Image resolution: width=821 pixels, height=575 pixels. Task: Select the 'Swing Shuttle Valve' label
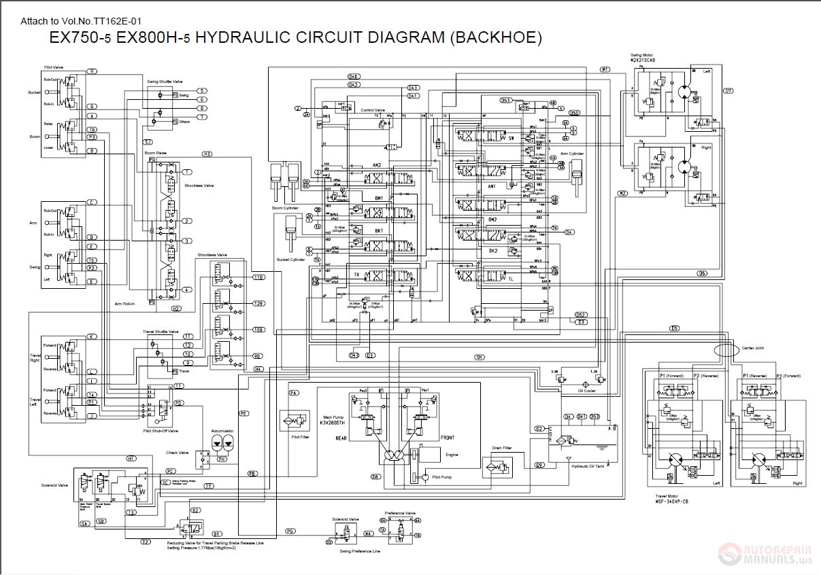(x=165, y=81)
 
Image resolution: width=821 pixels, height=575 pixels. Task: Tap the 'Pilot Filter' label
(x=299, y=437)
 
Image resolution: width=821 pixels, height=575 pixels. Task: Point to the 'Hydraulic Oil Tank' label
(x=589, y=466)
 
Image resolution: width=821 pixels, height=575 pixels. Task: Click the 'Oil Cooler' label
(x=587, y=390)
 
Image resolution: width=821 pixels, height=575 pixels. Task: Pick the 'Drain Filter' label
(x=501, y=448)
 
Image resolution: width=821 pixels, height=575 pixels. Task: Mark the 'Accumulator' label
(x=222, y=430)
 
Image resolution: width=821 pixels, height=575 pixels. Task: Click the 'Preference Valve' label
(x=401, y=513)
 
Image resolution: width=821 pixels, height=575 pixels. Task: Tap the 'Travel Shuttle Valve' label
(x=160, y=332)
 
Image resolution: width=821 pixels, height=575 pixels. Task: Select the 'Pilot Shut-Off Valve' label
(x=161, y=430)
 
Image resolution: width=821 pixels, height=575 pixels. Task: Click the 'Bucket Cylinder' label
(x=290, y=260)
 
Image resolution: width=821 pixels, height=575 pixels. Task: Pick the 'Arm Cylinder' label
(x=572, y=154)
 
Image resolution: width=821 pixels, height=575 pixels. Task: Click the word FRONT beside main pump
(x=447, y=437)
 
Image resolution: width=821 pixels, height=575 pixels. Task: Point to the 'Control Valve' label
(x=373, y=109)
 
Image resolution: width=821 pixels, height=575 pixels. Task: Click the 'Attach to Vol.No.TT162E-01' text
(x=81, y=22)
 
